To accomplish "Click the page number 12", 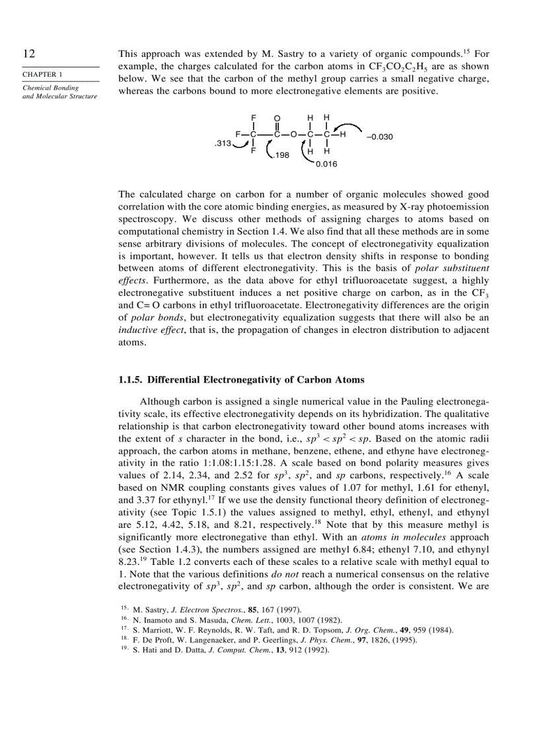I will (x=28, y=54).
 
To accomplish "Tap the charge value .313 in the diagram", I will (x=223, y=143).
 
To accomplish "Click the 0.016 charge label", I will (x=326, y=164).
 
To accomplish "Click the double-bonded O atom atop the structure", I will (x=277, y=118).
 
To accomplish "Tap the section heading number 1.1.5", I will (x=130, y=380).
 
